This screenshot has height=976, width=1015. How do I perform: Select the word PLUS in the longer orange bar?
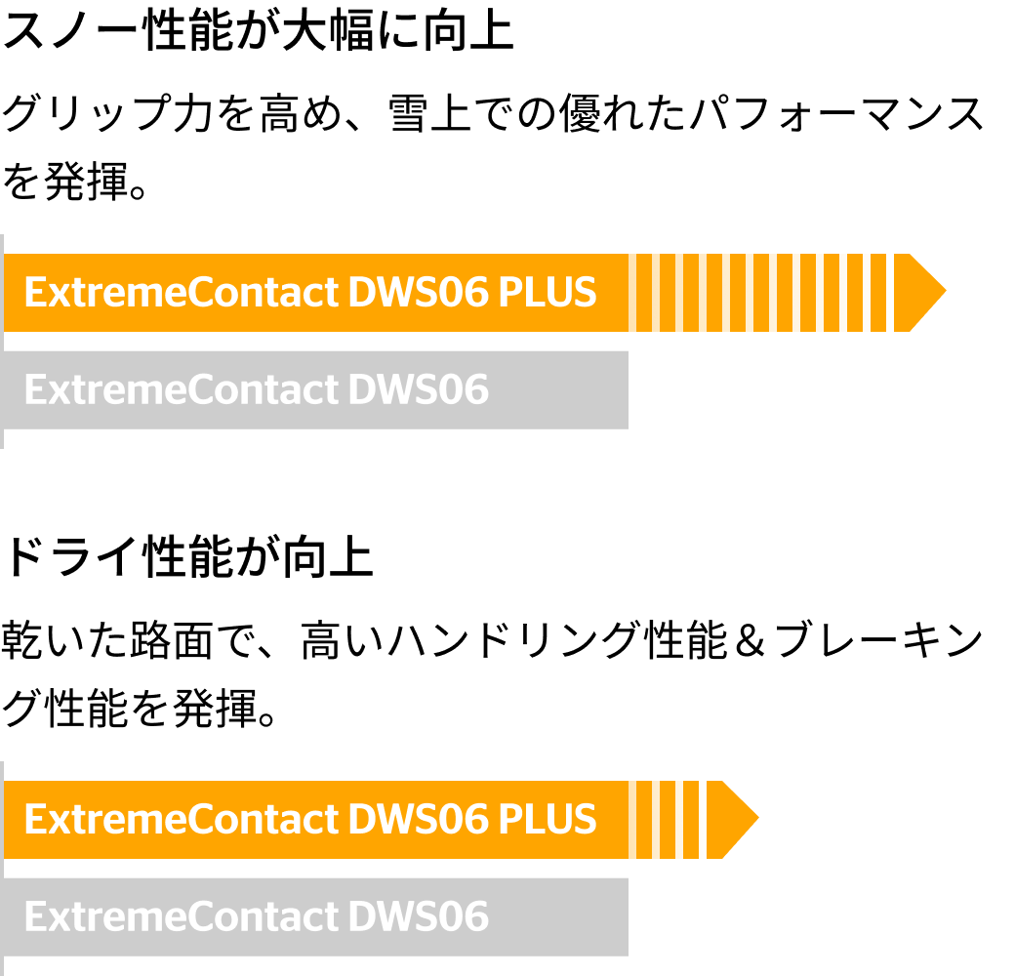(547, 293)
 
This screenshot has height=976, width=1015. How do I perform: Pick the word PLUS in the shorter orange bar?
(547, 820)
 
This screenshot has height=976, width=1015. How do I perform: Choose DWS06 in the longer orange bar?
(418, 293)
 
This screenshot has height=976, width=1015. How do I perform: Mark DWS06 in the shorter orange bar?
(418, 820)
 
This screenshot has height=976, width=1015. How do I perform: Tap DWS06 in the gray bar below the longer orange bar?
(418, 390)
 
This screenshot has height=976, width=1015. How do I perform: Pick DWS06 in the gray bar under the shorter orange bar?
(418, 917)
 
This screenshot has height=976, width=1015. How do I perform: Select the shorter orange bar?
(644, 820)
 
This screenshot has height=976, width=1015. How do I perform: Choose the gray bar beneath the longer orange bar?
(556, 390)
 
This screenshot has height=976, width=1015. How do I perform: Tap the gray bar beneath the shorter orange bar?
(556, 917)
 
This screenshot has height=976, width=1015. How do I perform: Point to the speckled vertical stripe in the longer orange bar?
(890, 293)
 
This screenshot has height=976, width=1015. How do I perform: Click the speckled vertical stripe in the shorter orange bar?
(705, 820)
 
